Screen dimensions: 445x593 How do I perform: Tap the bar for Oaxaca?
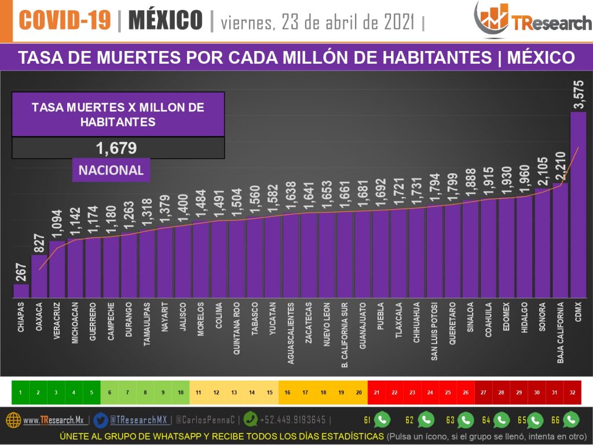click(x=39, y=276)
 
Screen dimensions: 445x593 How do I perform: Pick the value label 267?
click(x=21, y=269)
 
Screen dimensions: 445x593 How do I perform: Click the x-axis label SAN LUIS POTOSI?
click(x=434, y=331)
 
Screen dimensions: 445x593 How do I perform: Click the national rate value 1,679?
click(x=116, y=148)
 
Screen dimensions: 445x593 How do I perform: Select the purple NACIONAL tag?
click(x=111, y=170)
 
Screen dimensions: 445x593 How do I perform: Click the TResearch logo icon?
click(x=492, y=19)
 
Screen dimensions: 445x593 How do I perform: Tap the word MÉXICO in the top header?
click(x=165, y=21)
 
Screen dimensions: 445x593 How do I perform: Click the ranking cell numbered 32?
click(x=572, y=392)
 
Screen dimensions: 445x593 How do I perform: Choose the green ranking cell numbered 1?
click(x=20, y=392)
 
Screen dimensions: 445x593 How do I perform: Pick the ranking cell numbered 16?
click(x=287, y=392)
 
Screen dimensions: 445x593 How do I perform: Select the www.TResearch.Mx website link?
click(x=54, y=420)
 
